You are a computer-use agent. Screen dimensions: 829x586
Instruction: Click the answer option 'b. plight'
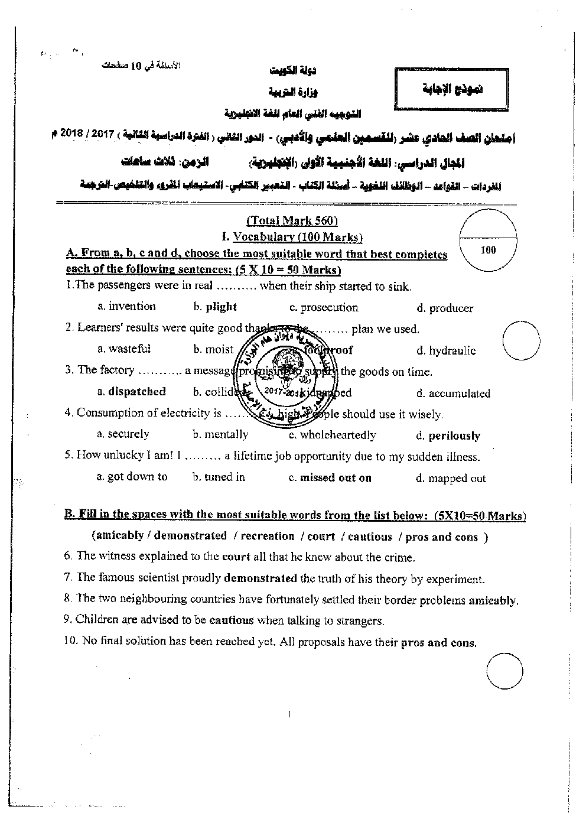215,307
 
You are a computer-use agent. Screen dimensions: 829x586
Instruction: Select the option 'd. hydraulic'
445,351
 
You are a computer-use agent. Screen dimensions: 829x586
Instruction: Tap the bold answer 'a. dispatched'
131,391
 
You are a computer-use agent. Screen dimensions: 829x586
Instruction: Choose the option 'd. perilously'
448,436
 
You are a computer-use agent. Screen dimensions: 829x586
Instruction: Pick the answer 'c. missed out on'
330,478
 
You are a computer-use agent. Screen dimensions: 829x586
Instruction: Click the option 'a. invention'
126,306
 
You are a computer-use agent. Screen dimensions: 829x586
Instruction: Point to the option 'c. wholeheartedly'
332,435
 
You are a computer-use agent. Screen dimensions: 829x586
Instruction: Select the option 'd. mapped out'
451,479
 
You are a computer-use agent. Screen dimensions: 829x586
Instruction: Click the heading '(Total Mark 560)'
292,221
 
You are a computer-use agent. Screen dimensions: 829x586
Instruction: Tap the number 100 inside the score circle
488,250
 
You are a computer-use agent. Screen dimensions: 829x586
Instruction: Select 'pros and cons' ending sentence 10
438,642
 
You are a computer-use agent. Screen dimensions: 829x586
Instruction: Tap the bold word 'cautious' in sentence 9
232,620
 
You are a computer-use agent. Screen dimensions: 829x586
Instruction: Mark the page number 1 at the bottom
289,714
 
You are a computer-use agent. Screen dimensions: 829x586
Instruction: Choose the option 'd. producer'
445,308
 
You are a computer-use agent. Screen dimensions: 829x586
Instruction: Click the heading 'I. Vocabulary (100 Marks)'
292,237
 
